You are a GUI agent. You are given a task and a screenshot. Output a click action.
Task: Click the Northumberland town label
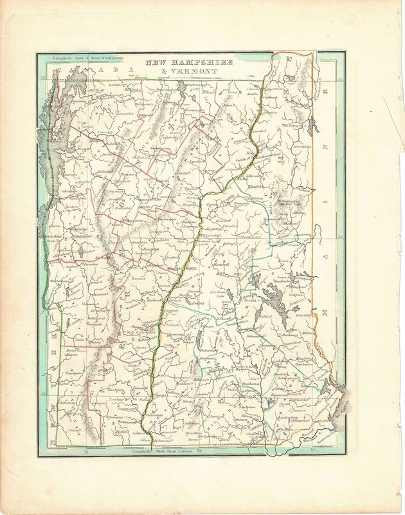point(264,156)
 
